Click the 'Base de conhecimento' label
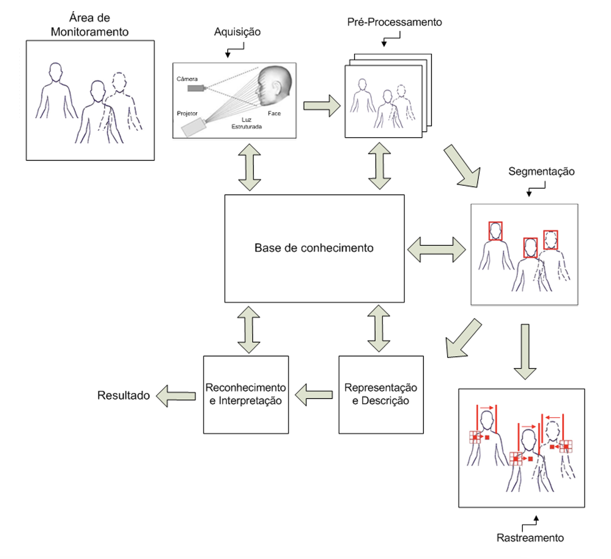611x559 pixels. point(314,248)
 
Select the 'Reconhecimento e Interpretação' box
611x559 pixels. point(245,394)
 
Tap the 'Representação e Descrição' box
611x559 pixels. point(380,394)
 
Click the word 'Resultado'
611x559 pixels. point(124,395)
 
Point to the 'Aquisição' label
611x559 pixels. point(237,32)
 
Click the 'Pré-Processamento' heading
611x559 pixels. point(394,22)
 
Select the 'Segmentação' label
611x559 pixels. point(541,171)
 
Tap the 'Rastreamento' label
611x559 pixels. point(530,538)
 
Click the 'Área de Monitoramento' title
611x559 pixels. point(89,25)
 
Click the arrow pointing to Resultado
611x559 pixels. point(176,396)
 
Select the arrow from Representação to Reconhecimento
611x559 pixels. point(314,395)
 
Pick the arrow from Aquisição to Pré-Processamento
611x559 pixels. point(322,106)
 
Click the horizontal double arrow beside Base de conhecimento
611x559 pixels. point(437,249)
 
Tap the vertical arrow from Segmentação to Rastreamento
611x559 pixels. point(525,352)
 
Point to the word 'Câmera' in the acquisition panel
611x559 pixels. point(187,79)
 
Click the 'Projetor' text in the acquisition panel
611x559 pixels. point(187,113)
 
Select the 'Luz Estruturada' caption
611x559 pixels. point(246,123)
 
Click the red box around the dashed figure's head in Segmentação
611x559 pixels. point(550,240)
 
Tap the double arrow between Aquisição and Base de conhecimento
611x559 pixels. point(250,167)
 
